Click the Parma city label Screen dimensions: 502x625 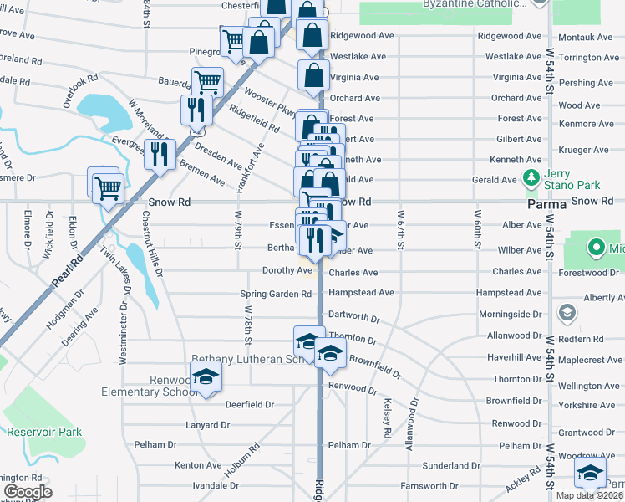[547, 203]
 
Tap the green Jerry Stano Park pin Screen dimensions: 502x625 [529, 178]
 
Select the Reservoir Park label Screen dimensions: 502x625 [44, 432]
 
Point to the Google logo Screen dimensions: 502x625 [28, 492]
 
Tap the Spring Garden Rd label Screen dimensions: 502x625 [276, 294]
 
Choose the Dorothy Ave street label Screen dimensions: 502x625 [287, 270]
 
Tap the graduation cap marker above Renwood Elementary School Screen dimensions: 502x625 [206, 377]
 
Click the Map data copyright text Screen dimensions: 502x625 [590, 495]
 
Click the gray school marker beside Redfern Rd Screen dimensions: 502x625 [567, 313]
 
